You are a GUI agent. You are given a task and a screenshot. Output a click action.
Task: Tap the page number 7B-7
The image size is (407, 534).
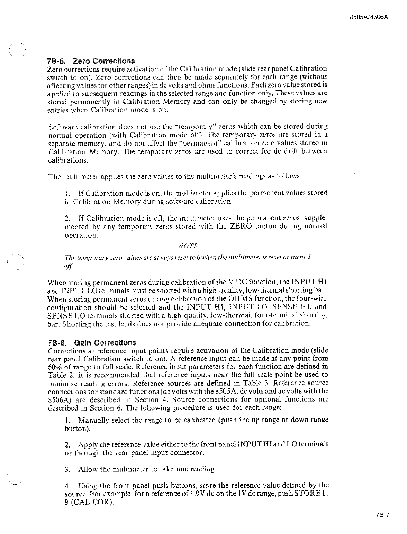[x=382, y=514]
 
